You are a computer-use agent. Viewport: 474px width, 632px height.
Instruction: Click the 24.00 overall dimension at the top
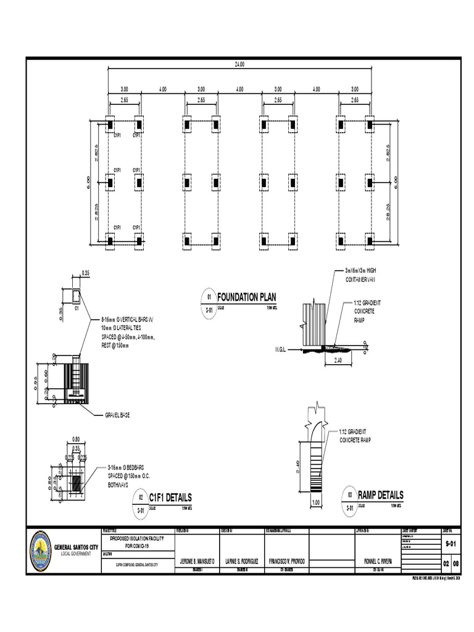pos(238,64)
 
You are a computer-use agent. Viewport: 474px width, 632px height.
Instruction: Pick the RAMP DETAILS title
pos(380,495)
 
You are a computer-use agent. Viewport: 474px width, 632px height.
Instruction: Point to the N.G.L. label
pos(282,349)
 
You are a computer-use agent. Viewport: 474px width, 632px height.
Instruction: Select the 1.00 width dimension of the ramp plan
pos(316,502)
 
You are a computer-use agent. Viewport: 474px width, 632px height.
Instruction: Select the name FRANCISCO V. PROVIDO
pos(285,562)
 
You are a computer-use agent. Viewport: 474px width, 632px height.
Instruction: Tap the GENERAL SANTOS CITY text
pos(76,547)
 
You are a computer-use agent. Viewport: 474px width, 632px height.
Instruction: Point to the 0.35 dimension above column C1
pos(85,272)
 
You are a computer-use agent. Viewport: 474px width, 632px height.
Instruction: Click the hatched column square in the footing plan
pos(77,483)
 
